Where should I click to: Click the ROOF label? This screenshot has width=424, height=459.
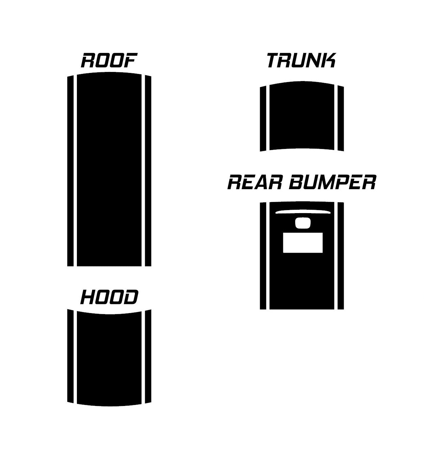pos(109,60)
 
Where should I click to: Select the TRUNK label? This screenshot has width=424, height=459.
pos(302,60)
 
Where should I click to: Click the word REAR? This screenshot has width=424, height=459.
pos(255,182)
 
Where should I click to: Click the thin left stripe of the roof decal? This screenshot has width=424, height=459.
pos(70,171)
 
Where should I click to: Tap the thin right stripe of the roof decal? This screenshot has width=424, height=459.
pos(148,171)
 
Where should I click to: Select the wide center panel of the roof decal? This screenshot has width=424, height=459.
pos(109,169)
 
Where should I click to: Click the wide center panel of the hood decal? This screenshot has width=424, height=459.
pos(109,359)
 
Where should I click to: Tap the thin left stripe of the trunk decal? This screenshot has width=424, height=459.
pos(263,119)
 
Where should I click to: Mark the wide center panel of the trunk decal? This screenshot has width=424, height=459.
pos(302,116)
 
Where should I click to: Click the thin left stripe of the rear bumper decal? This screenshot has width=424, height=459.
pos(263,256)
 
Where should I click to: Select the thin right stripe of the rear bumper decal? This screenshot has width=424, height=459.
pos(341,256)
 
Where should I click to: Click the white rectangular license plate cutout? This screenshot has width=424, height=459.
pos(303,243)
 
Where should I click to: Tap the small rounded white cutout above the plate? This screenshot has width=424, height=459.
pos(303,223)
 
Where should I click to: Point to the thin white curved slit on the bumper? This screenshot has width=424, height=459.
pos(303,212)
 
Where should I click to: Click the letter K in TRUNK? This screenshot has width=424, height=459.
pos(329,60)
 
